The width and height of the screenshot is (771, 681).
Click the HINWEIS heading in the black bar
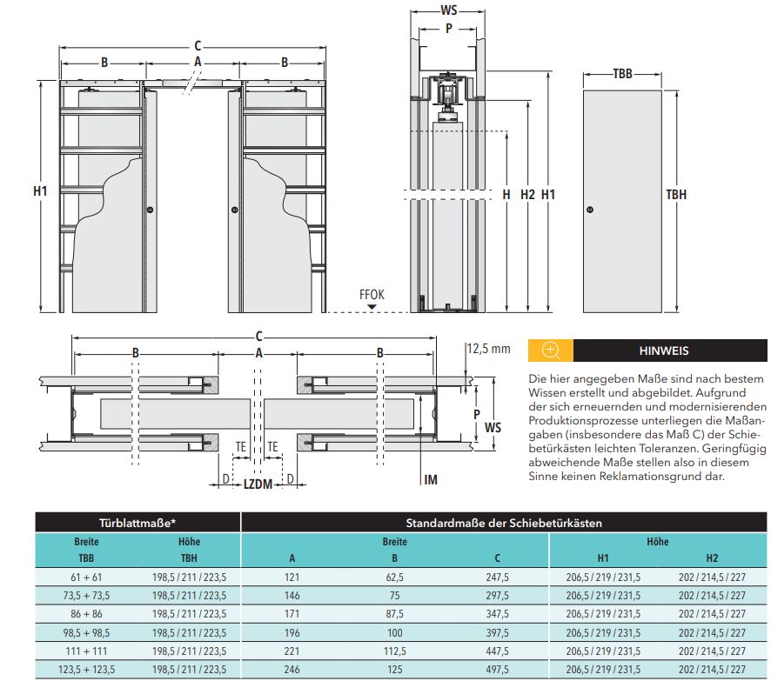tap(664, 351)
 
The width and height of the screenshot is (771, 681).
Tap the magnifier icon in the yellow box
tap(550, 351)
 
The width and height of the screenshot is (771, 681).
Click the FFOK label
tap(372, 295)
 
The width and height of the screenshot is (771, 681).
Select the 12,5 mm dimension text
tap(488, 349)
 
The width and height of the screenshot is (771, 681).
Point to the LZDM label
tap(258, 484)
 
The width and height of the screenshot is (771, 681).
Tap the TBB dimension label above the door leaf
tap(622, 74)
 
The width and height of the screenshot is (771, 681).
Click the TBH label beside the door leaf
tap(676, 195)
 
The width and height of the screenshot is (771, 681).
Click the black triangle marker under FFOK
tap(372, 307)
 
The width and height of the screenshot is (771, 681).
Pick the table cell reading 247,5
tap(497, 577)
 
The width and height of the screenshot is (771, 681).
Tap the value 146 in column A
tap(292, 596)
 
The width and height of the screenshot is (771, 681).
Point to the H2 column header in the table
tap(712, 558)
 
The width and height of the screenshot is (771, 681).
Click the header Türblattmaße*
tap(137, 523)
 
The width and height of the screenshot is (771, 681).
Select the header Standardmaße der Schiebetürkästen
tap(504, 523)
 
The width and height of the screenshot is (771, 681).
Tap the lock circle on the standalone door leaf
tap(591, 210)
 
